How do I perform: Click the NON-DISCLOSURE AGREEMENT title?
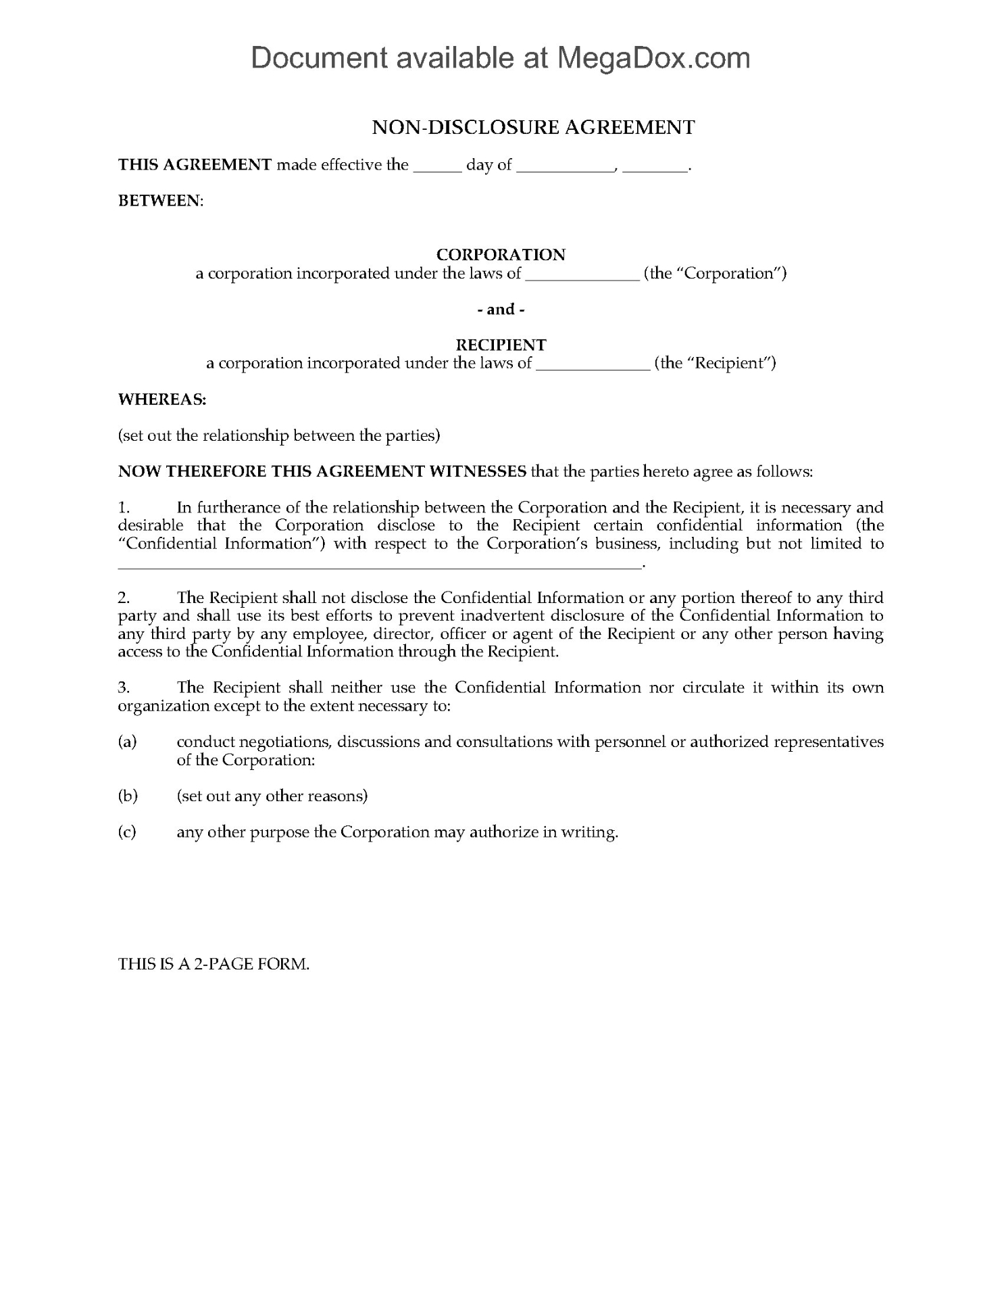coord(533,127)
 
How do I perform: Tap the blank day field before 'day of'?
coord(436,166)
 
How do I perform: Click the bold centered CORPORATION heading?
coord(501,255)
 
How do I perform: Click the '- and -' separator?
coord(501,310)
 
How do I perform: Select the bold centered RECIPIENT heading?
coord(501,345)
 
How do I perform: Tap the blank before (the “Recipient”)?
coord(593,366)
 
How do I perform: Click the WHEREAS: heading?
coord(162,400)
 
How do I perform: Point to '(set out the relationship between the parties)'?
coord(279,435)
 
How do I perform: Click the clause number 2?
coord(124,598)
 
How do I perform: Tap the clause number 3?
coord(124,688)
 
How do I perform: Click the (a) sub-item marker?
coord(128,742)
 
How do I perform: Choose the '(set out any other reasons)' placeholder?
coord(272,796)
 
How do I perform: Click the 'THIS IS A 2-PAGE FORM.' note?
coord(214,964)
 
